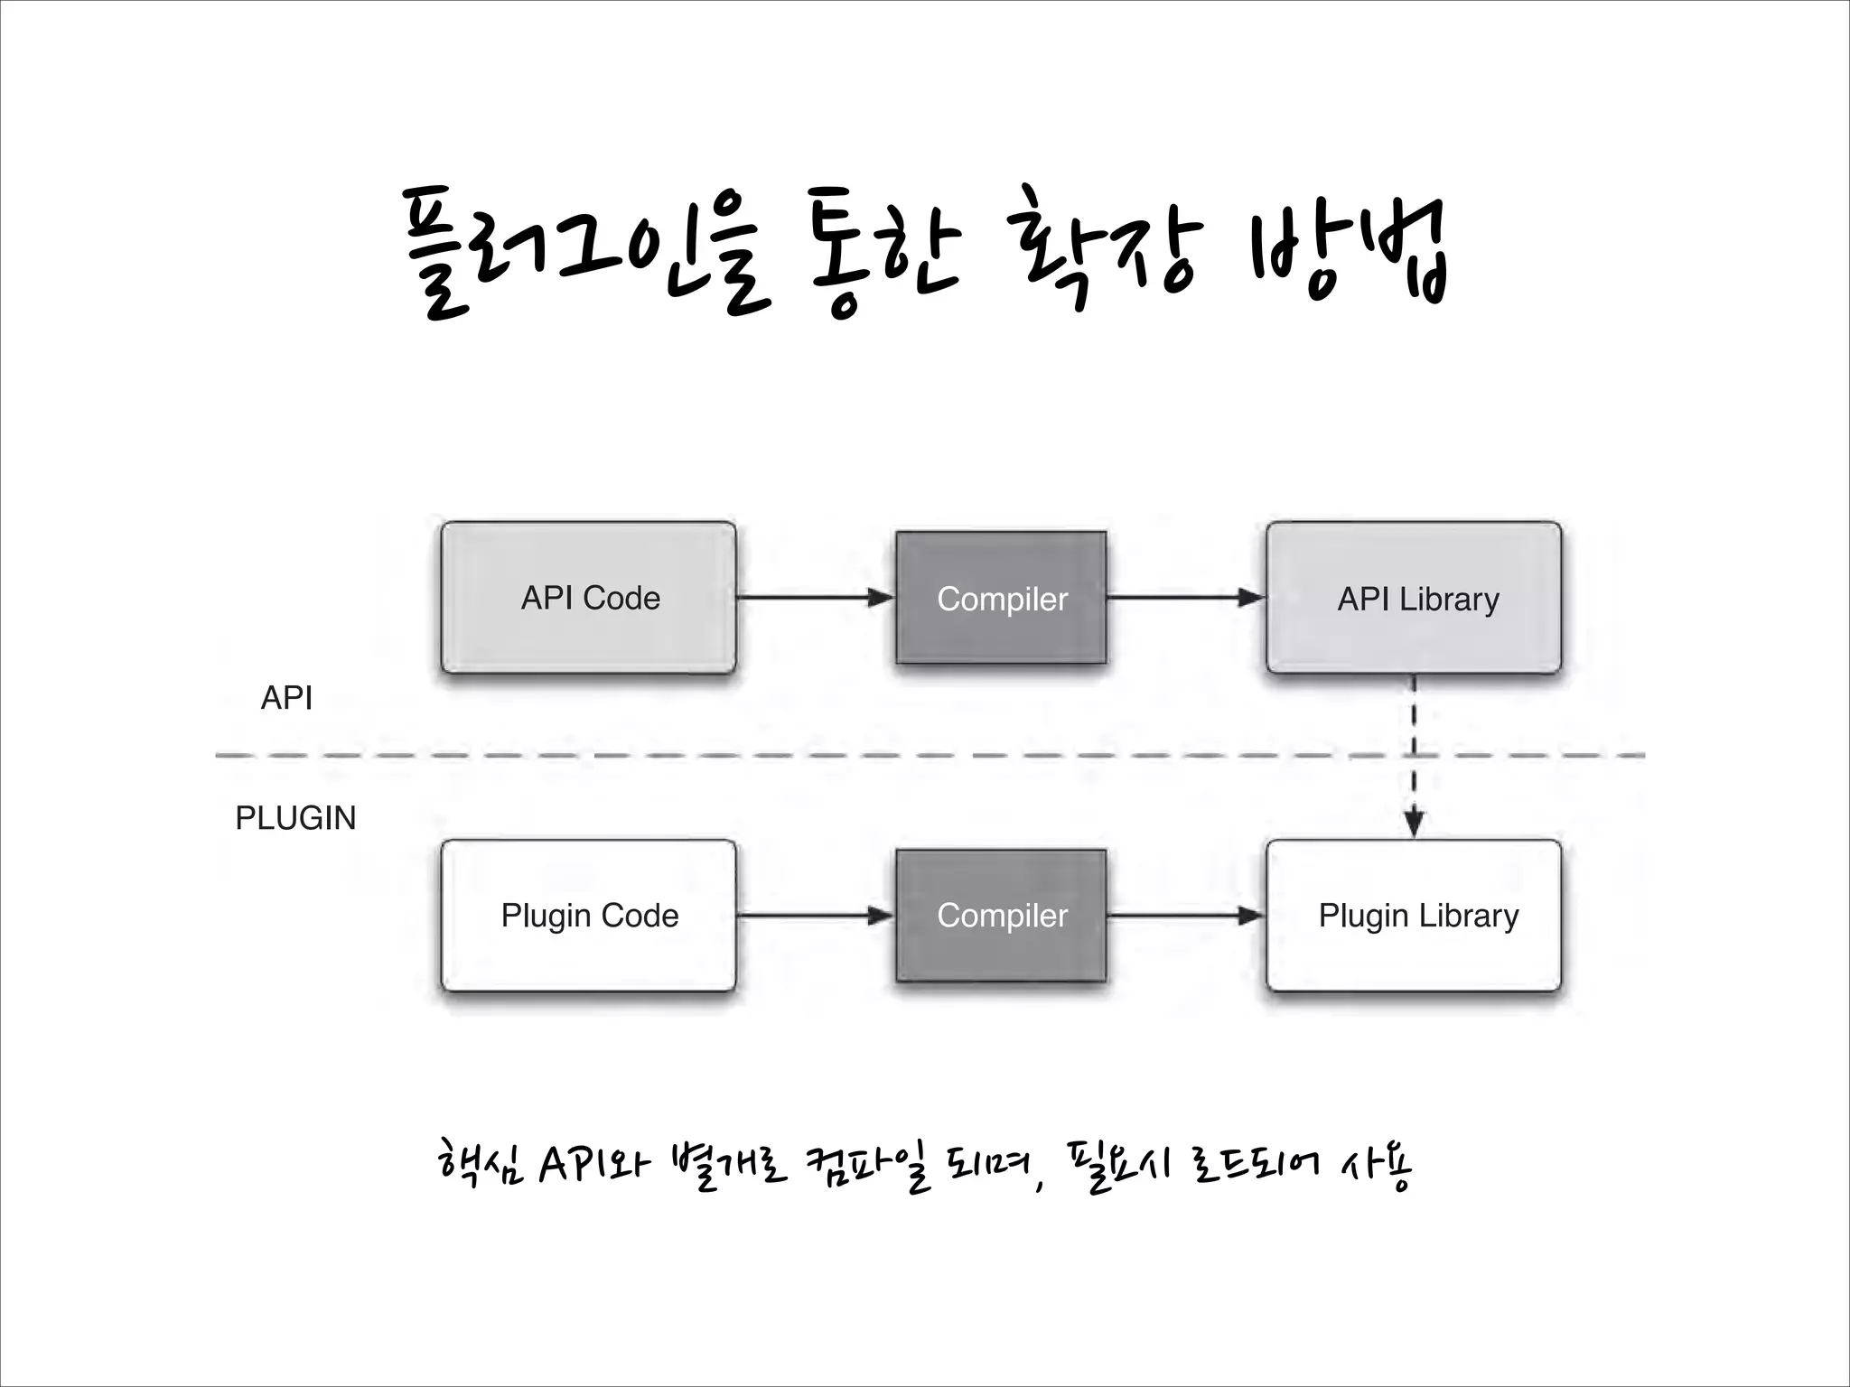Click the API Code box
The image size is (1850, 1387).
pyautogui.click(x=589, y=598)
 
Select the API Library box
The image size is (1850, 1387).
pyautogui.click(x=1414, y=598)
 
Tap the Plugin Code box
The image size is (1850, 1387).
pyautogui.click(x=589, y=916)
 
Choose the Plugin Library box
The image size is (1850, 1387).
pyautogui.click(x=1414, y=916)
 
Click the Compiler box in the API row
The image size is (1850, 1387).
pyautogui.click(x=1001, y=598)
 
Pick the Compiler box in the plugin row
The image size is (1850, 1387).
pyautogui.click(x=1001, y=916)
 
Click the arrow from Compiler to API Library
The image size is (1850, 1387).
pyautogui.click(x=1185, y=598)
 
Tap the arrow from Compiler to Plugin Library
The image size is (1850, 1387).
pyautogui.click(x=1185, y=916)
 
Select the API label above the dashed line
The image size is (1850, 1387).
pyautogui.click(x=286, y=698)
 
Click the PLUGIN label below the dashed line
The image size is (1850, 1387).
pyautogui.click(x=295, y=818)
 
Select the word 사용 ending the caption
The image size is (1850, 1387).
pyautogui.click(x=1377, y=1165)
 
